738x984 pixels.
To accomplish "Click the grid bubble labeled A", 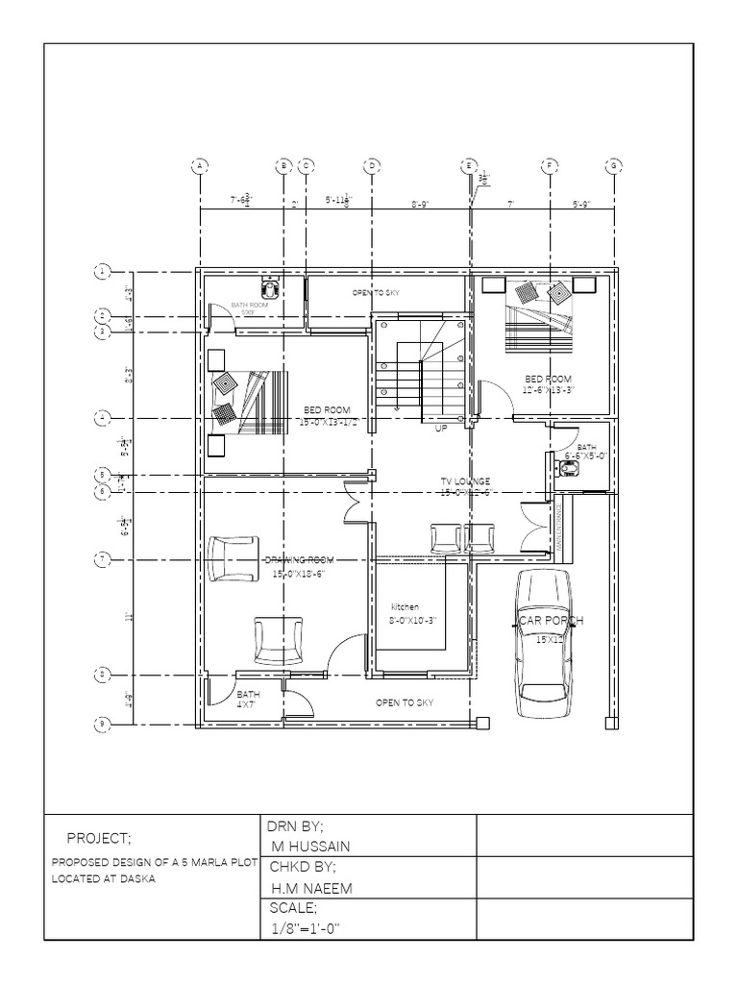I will click(200, 165).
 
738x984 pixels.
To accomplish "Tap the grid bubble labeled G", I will click(612, 165).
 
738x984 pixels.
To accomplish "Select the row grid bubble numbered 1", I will click(100, 271).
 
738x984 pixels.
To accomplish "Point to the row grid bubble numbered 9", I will click(100, 723).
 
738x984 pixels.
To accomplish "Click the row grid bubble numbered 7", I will click(100, 557).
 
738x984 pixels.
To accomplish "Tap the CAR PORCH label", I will click(552, 623).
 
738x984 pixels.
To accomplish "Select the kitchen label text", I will click(405, 607).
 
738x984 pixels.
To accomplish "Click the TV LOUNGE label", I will click(465, 480).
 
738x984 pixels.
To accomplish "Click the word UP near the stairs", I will click(441, 428).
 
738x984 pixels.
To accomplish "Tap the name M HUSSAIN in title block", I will click(311, 845).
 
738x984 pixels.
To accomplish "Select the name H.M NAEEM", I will click(311, 889).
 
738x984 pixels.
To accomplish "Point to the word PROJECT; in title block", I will click(99, 836).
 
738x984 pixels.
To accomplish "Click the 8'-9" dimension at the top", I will click(420, 204).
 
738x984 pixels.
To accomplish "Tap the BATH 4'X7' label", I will click(247, 699).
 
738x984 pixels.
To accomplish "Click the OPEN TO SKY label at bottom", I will click(405, 702).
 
